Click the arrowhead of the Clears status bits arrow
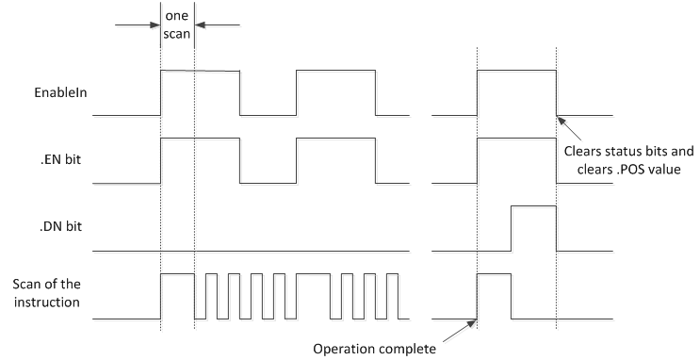pos(559,116)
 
